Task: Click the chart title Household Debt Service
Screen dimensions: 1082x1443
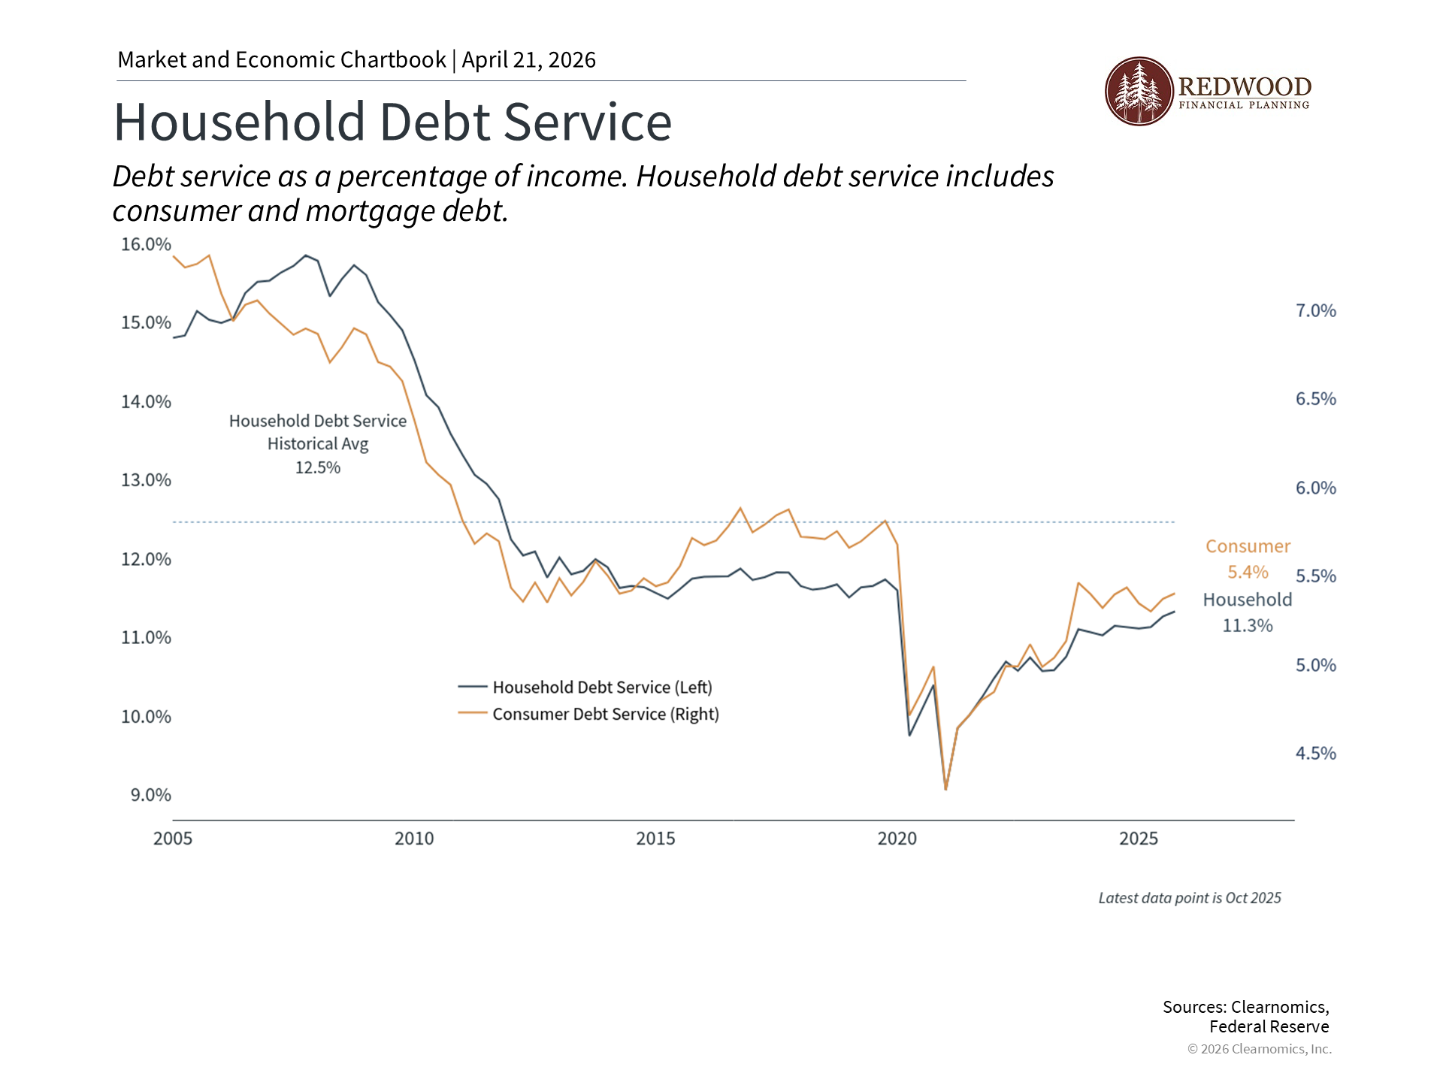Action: (392, 122)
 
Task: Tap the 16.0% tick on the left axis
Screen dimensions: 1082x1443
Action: (146, 244)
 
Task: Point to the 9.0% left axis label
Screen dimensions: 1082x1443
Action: (150, 795)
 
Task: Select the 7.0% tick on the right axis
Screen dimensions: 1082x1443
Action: (1315, 311)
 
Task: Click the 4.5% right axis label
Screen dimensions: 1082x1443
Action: (1315, 754)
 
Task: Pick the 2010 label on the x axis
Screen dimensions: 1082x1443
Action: (414, 839)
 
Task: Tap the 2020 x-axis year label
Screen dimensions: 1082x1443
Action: (897, 839)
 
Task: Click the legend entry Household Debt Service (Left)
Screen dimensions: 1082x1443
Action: (602, 687)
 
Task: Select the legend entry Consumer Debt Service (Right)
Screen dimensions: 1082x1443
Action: (605, 714)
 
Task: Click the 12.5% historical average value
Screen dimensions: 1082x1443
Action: (317, 467)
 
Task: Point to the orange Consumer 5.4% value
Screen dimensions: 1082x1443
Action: (1248, 572)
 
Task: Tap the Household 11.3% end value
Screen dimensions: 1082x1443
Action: (1248, 625)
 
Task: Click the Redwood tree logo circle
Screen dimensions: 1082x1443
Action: (1139, 92)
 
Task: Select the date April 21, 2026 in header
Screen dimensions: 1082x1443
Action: (528, 60)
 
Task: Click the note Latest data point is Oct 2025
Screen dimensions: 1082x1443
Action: (1189, 898)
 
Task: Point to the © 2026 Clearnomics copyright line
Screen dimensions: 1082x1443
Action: (1259, 1049)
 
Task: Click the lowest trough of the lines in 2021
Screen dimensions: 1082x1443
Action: (945, 788)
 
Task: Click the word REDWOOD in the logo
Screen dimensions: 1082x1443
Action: (1245, 86)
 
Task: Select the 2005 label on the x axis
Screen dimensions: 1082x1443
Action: (173, 839)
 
